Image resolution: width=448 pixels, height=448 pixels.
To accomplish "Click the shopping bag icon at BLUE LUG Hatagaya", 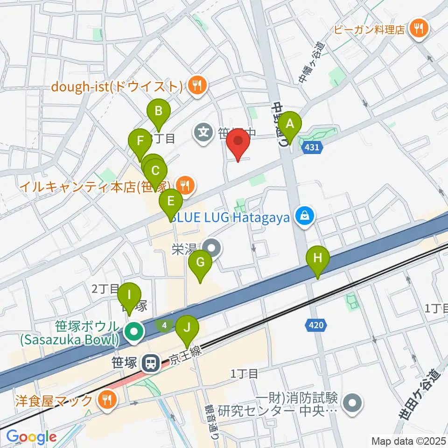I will pyautogui.click(x=304, y=216).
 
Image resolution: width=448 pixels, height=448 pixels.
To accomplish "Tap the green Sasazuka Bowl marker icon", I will pyautogui.click(x=134, y=332).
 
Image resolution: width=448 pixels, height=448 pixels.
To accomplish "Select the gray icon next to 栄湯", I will pyautogui.click(x=212, y=248).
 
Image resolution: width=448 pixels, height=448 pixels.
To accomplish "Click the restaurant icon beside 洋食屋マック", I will pyautogui.click(x=107, y=400).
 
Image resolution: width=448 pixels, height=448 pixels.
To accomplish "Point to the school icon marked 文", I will pyautogui.click(x=204, y=132).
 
